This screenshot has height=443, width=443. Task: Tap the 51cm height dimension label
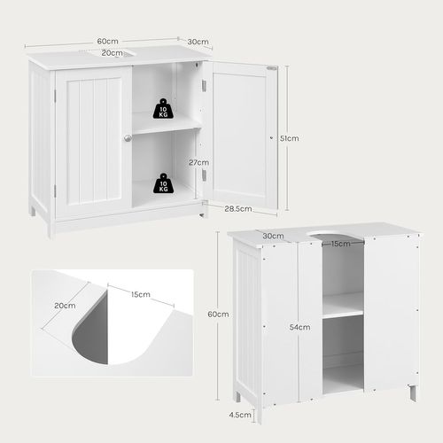pyautogui.click(x=288, y=138)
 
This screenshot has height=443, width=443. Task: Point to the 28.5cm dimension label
pyautogui.click(x=237, y=209)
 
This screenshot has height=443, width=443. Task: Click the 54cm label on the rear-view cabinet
pyautogui.click(x=300, y=327)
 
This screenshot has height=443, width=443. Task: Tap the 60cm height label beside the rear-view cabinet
pyautogui.click(x=219, y=315)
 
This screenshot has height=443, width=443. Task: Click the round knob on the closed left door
pyautogui.click(x=128, y=137)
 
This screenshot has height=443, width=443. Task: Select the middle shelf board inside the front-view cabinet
pyautogui.click(x=166, y=128)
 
